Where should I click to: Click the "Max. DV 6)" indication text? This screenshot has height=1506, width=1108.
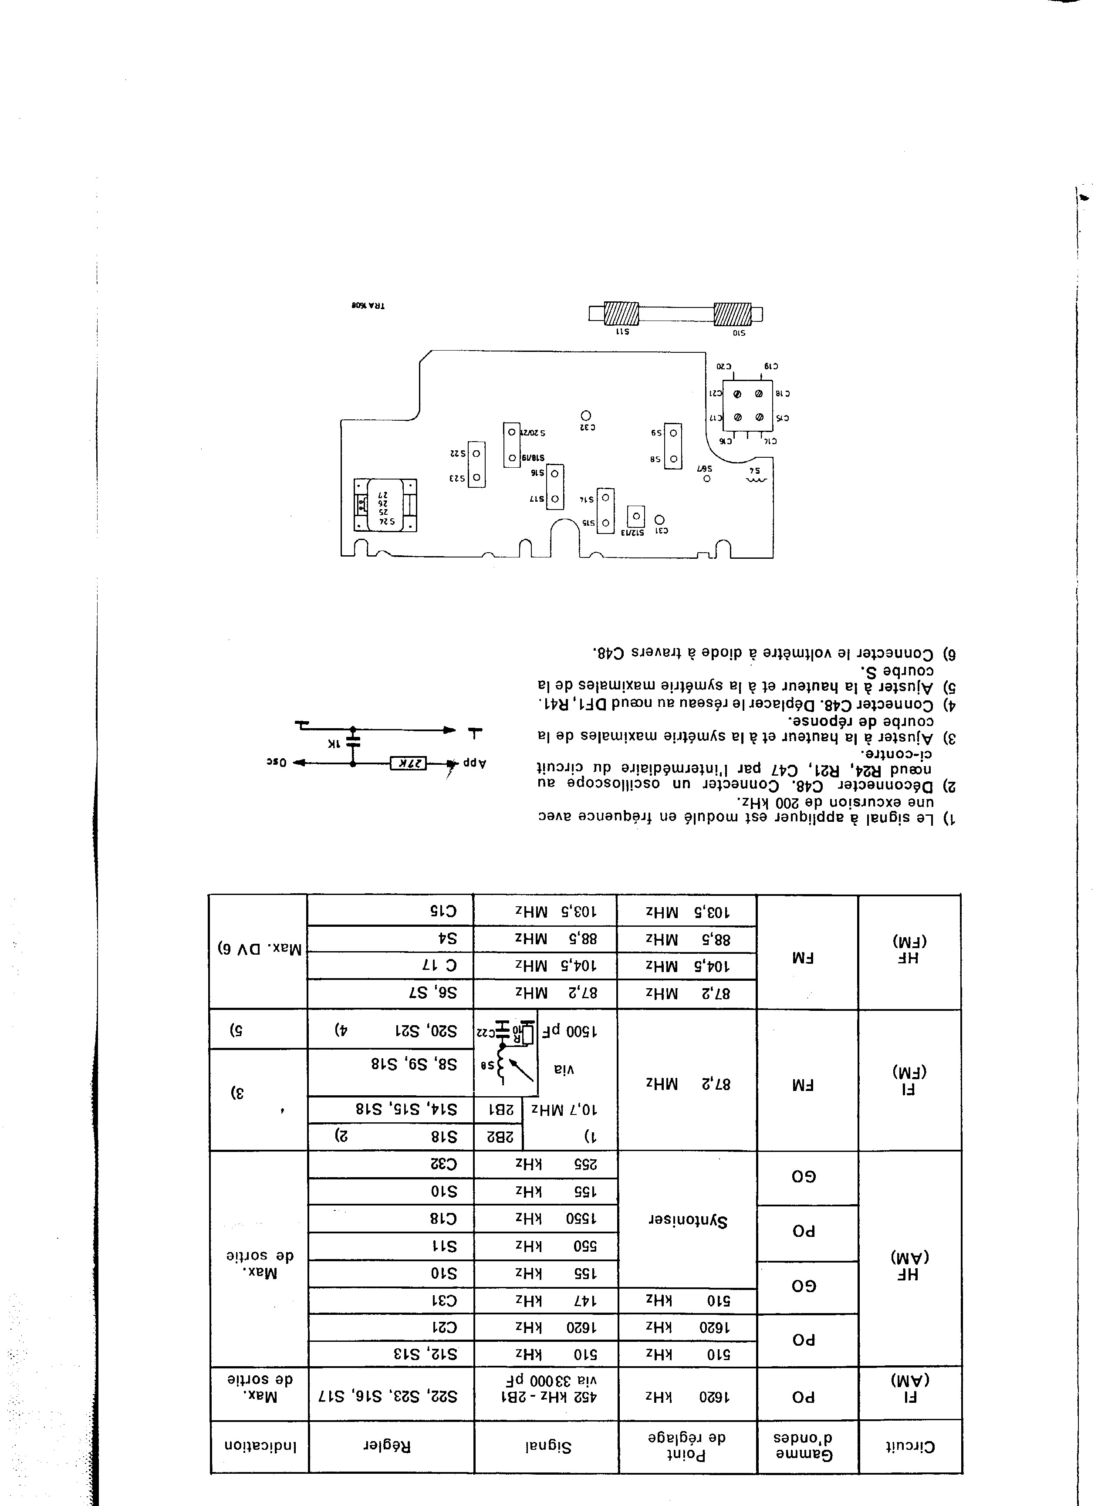259,949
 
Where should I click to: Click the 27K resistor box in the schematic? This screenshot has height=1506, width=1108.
409,763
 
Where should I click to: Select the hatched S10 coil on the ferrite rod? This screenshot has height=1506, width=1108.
733,313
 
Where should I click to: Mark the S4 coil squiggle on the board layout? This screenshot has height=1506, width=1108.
756,480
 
